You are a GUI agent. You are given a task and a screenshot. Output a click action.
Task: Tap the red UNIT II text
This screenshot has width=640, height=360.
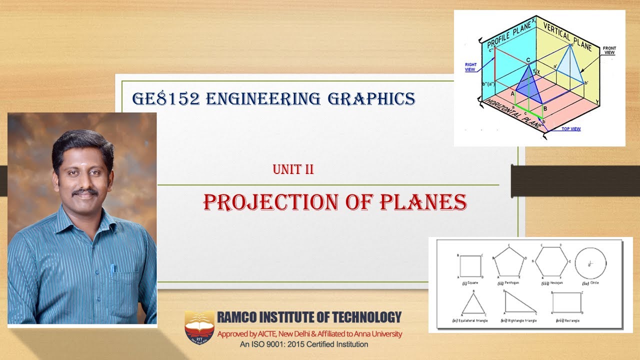point(293,169)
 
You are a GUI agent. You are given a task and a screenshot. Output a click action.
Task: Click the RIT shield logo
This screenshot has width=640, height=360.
point(199,328)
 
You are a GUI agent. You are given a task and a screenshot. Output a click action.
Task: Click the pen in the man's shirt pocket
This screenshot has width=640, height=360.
point(112,270)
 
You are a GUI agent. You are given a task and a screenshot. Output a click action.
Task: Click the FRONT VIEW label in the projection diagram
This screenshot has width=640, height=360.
point(609,50)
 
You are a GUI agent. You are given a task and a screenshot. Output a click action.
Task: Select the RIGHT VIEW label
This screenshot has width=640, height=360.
point(470,67)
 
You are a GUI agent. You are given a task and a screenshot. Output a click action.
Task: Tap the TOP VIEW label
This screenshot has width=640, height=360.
point(571,129)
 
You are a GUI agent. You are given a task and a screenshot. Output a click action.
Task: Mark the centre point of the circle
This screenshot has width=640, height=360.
point(590,263)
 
